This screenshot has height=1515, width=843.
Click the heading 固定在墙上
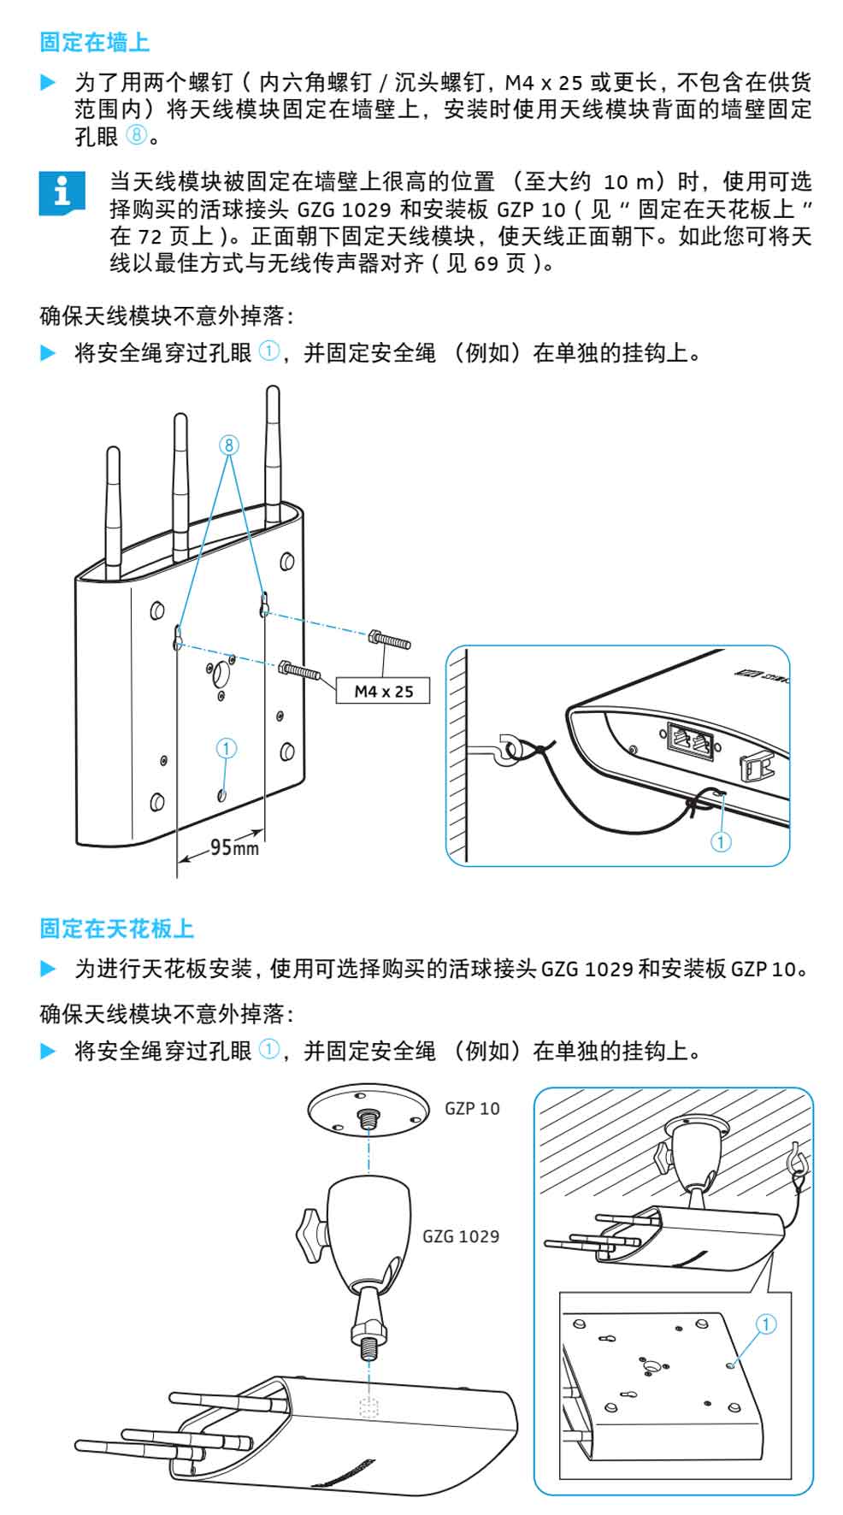[95, 42]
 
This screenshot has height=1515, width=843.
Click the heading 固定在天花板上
[117, 928]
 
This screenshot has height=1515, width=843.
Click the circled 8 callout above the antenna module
[228, 445]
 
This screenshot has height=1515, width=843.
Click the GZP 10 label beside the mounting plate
[472, 1109]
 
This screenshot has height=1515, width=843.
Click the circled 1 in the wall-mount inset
[721, 842]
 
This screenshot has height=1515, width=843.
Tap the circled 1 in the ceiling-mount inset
[766, 1324]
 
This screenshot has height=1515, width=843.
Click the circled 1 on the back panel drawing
[226, 748]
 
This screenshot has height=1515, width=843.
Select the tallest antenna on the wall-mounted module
[273, 457]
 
